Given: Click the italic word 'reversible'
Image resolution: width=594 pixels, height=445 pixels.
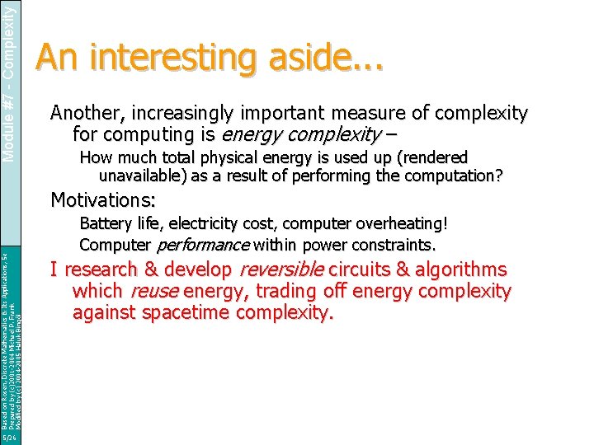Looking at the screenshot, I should [x=281, y=270].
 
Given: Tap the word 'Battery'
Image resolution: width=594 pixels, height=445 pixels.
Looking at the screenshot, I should [x=104, y=223].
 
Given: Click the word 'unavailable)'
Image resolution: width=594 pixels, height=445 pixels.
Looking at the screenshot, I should [x=141, y=176].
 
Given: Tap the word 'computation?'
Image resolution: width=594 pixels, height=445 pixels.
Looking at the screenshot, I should [x=459, y=176].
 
